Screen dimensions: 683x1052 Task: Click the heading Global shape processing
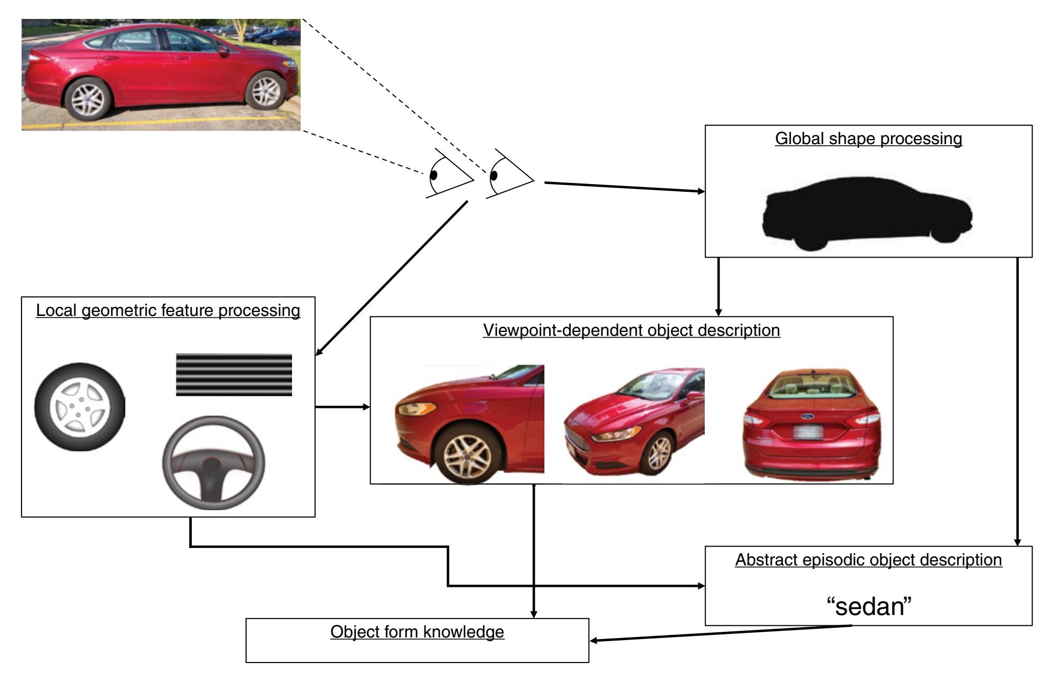point(868,139)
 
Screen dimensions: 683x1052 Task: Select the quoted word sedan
point(869,607)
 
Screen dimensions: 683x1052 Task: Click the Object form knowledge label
point(417,632)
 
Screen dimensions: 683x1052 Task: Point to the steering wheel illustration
point(214,464)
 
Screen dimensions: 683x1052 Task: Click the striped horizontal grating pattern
point(234,375)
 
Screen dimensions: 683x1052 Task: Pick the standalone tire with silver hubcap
point(79,407)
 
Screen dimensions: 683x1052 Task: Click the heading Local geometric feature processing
point(168,310)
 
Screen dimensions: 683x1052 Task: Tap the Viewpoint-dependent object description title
point(632,330)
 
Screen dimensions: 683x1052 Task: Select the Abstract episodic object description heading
point(868,560)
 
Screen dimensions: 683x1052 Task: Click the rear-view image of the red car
point(812,424)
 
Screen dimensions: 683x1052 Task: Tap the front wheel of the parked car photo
point(265,91)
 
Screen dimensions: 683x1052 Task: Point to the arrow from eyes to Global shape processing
point(624,187)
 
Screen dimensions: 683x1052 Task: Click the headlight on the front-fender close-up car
point(415,408)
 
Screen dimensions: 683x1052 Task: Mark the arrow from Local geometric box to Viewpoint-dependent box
point(342,407)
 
